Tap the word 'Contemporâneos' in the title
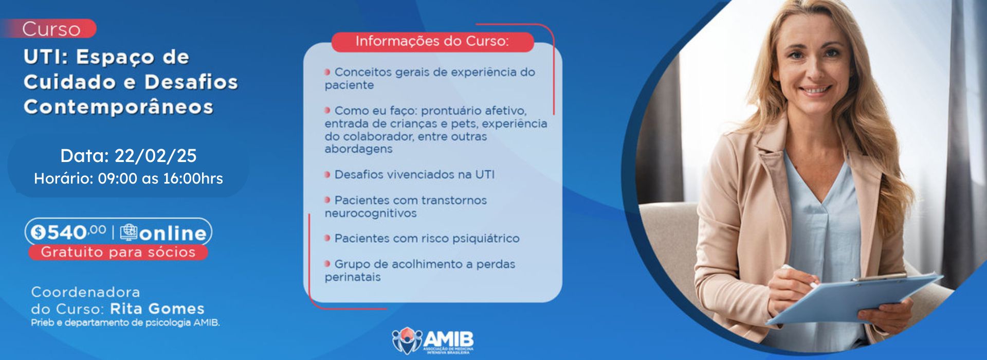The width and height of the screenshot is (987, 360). [118, 107]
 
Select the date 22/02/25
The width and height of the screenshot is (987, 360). [155, 156]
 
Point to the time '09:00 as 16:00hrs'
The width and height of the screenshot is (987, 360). [160, 178]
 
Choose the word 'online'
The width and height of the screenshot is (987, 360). [173, 233]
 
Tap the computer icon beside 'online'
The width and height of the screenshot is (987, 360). [129, 232]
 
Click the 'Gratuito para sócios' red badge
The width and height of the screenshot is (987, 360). [118, 252]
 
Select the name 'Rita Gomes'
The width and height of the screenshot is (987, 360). [157, 309]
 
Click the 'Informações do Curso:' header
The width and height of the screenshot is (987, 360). [432, 41]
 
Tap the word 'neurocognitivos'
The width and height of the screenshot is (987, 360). [371, 213]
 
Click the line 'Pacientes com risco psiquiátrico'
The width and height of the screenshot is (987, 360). [422, 238]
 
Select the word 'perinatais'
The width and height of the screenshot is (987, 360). [353, 277]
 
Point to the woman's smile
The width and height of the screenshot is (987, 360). [816, 90]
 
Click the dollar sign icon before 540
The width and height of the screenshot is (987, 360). [39, 233]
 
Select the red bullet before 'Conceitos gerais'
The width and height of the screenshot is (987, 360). [327, 72]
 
